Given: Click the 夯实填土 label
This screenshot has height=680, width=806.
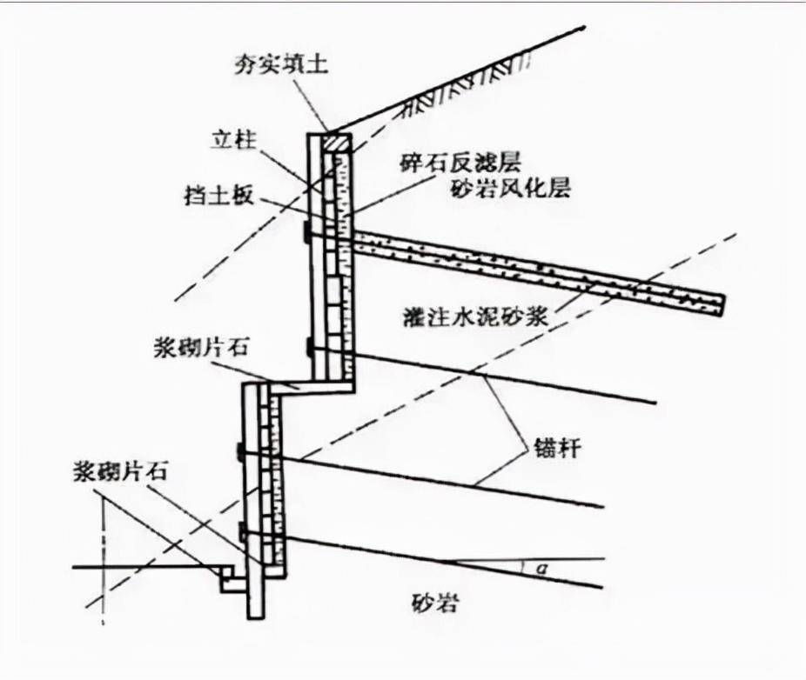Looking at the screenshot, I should [x=287, y=65].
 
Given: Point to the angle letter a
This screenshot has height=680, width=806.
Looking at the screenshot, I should [x=541, y=570].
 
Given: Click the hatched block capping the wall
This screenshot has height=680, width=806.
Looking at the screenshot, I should [x=336, y=142].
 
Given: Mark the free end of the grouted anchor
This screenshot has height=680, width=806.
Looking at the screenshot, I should [x=722, y=303].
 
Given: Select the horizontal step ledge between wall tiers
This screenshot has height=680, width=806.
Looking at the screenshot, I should [x=300, y=385].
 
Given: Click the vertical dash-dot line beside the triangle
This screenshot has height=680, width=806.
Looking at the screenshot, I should [x=103, y=557].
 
